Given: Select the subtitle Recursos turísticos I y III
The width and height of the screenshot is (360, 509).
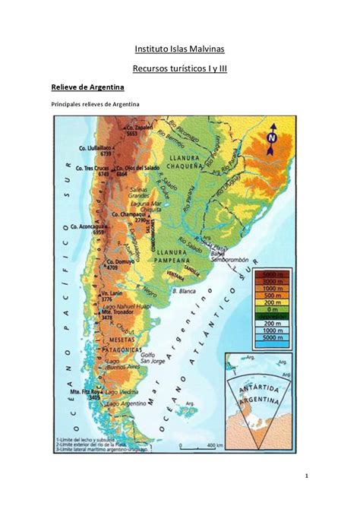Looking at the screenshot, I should pos(179,69).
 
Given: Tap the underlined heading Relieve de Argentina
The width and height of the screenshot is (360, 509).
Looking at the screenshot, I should pos(93,88).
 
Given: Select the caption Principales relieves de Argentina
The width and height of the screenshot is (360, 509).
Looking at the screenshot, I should pos(95,104).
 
